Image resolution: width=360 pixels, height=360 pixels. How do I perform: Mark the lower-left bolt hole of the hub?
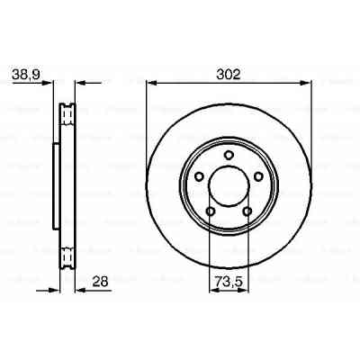pos(210,211)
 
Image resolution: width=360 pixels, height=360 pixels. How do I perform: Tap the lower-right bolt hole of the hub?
pos(247,211)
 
